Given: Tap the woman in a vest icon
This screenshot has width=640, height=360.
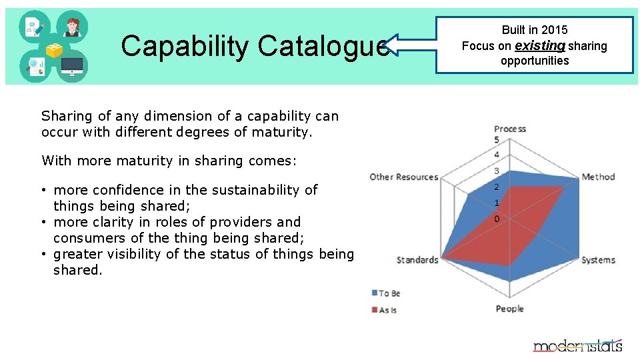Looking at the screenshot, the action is pos(72,27).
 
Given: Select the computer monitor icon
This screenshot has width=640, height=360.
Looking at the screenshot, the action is pos(72,66).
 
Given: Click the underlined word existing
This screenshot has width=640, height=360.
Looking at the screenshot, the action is pos(539,46).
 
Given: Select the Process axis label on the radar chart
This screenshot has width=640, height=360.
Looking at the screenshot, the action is pos(510,129).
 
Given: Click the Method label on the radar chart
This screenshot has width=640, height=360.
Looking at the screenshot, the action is pos(598,177).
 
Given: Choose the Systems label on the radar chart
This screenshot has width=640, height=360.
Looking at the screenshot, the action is pos(598,260).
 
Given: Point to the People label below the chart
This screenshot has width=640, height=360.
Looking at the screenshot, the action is pos(509,309).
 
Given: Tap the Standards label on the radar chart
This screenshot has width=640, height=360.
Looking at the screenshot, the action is pos(417,260).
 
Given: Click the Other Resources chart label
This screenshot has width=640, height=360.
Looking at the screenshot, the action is pos(404,177).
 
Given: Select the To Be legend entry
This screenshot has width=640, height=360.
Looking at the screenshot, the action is pos(389,293).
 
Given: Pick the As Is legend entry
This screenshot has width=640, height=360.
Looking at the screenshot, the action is pos(387,310).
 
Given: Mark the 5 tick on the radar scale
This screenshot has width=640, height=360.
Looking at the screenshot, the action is pos(497,140).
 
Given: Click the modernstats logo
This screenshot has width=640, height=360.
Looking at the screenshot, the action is pos(577,345).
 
